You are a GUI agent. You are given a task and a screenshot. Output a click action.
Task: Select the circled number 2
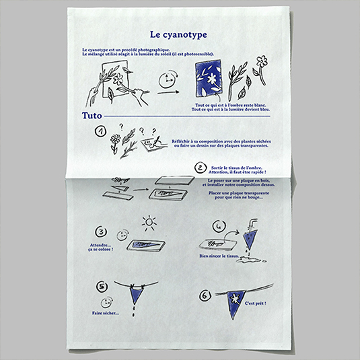200,168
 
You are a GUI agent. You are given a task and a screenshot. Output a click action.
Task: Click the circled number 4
219,225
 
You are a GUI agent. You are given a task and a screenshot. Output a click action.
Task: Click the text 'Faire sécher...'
105,313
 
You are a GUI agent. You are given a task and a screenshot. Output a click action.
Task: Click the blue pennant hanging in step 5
137,293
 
